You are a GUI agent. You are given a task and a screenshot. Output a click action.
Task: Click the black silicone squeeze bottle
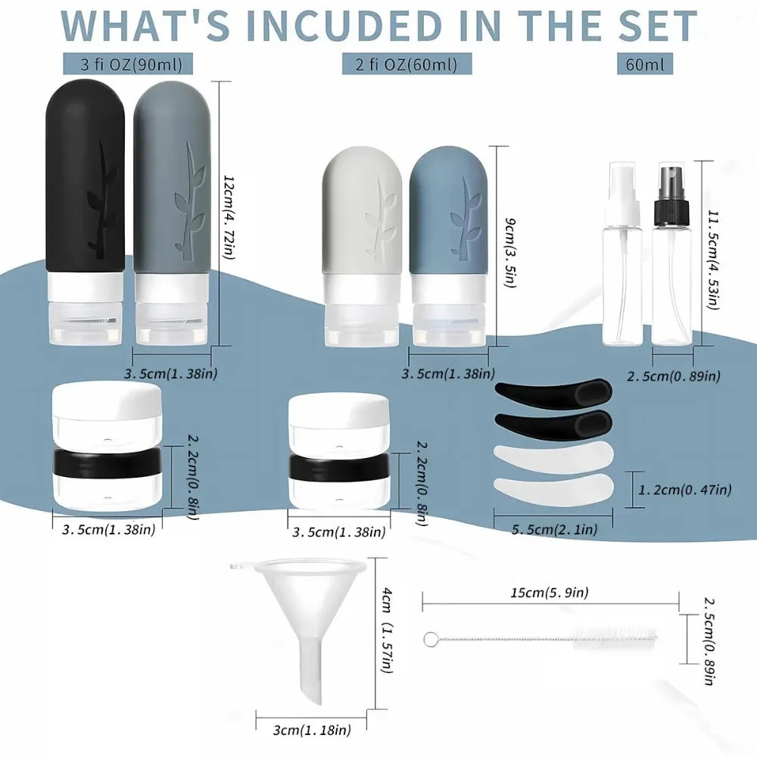pyautogui.click(x=85, y=182)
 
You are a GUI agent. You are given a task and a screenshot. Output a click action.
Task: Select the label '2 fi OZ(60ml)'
pyautogui.click(x=407, y=64)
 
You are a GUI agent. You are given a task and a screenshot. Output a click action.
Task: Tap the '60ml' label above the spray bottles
pyautogui.click(x=645, y=64)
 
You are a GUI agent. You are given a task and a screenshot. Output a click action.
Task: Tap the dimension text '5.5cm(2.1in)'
pyautogui.click(x=554, y=530)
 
